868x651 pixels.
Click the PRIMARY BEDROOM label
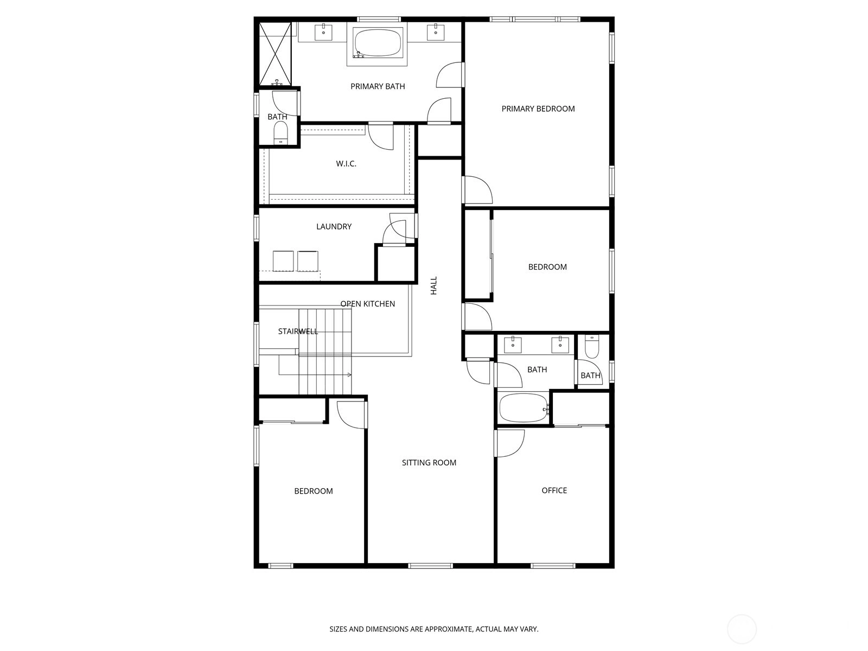tap(538, 108)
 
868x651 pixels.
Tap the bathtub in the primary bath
tap(378, 43)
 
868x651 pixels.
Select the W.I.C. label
tap(346, 164)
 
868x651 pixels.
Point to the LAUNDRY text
tap(334, 226)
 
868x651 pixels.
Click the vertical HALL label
tap(434, 285)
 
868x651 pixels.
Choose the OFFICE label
tap(554, 490)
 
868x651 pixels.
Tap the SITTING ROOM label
tap(429, 463)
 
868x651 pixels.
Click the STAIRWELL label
tap(298, 331)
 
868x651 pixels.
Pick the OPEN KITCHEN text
tap(368, 304)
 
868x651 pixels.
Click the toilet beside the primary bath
tap(281, 133)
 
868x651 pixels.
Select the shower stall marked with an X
tap(275, 54)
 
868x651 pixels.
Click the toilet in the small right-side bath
tap(591, 346)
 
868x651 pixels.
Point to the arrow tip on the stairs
tap(351, 375)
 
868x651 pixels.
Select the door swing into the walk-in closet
tap(381, 136)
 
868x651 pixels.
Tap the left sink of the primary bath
tap(323, 32)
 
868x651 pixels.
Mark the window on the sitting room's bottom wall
tap(430, 566)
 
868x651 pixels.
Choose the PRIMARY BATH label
tap(378, 86)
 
